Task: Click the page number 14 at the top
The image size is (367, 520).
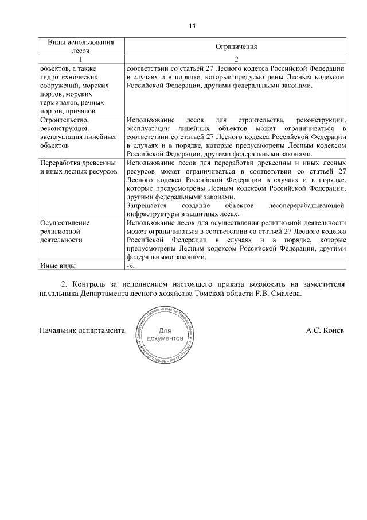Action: click(192, 25)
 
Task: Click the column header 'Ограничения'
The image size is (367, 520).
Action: click(236, 46)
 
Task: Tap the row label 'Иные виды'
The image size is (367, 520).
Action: click(57, 265)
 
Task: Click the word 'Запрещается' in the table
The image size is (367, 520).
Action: click(146, 205)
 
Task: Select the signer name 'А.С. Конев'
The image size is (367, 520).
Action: click(325, 331)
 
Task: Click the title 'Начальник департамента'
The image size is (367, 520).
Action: click(82, 331)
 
